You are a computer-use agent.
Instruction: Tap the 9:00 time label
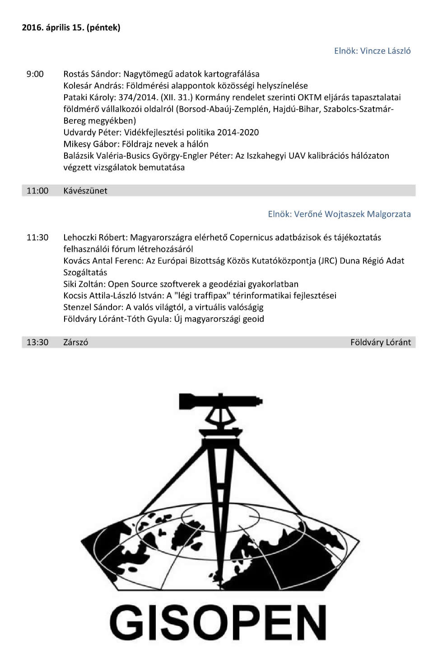point(35,74)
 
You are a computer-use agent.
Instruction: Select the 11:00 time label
point(37,190)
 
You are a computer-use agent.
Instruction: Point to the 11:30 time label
point(37,237)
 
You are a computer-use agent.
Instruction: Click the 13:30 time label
point(37,342)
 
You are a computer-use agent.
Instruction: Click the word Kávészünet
point(85,190)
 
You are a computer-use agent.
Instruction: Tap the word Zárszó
point(76,342)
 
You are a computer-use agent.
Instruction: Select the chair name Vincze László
point(385,51)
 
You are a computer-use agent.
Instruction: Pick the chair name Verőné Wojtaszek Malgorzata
point(352,214)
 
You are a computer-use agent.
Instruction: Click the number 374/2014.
point(138,97)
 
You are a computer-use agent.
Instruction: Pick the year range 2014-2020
point(238,132)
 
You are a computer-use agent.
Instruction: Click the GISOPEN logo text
point(219,622)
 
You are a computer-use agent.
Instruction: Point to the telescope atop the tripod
point(220,401)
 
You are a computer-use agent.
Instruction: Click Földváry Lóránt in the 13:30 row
point(381,342)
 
